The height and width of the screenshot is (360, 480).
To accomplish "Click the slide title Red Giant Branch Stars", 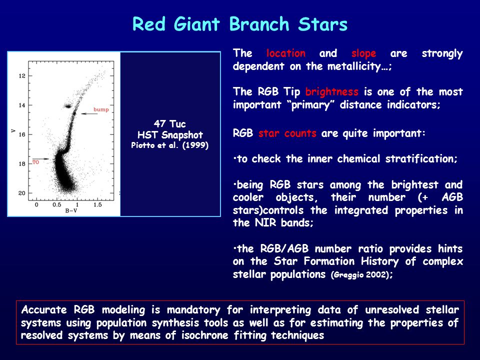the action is [240, 24].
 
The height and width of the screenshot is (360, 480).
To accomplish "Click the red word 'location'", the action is [285, 53].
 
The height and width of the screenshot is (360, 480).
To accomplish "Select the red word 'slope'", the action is [363, 54].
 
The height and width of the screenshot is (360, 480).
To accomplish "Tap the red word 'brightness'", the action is [331, 92].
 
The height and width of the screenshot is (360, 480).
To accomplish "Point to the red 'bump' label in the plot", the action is [101, 109].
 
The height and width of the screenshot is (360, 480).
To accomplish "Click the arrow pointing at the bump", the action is [89, 114].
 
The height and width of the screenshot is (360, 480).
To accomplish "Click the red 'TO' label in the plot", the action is [36, 162].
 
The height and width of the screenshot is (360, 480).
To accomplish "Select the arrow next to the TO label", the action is [40, 159].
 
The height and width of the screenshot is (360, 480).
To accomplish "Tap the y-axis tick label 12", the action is [22, 76].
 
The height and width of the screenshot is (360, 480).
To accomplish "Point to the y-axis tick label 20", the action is [21, 193].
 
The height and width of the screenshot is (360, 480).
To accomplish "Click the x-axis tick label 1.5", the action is [97, 204].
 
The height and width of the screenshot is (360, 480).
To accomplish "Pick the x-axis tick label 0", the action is [36, 204].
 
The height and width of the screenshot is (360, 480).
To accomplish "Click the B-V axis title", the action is [71, 210].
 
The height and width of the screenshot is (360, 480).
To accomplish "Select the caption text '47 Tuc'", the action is [169, 123].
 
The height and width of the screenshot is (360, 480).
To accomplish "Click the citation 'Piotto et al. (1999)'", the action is [169, 145].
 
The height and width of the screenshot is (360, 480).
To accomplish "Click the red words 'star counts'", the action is [287, 133].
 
